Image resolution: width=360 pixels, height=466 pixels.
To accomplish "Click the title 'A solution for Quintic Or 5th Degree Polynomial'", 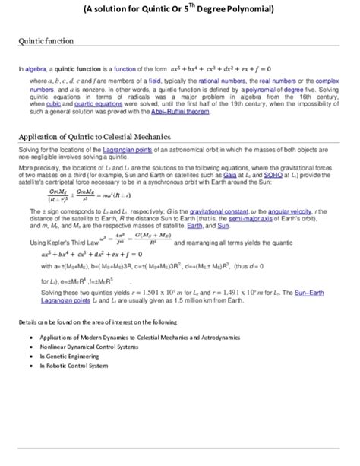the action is click(x=180, y=9).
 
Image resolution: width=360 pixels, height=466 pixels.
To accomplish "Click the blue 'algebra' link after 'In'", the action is click(x=35, y=68).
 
